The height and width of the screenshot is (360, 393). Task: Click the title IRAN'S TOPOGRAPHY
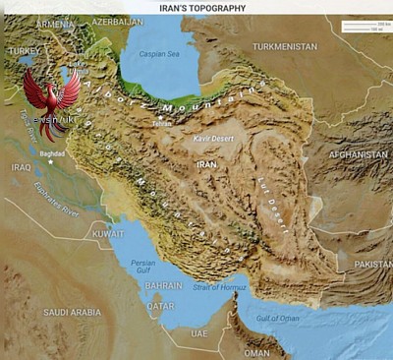(x=202, y=7)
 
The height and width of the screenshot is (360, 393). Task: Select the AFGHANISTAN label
(x=359, y=154)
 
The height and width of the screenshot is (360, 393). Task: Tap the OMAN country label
(x=256, y=351)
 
